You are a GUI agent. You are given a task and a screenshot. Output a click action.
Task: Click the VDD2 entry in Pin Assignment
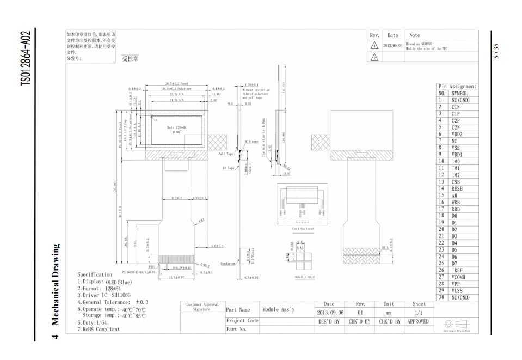(457, 134)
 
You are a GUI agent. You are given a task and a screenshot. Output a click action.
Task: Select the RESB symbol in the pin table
(457, 188)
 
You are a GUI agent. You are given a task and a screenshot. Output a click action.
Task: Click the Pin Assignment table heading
(457, 87)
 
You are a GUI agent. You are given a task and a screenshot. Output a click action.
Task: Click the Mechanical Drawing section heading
(56, 283)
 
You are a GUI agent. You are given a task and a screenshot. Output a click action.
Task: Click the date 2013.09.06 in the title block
(330, 313)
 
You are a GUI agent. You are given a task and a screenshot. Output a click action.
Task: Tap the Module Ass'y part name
(278, 309)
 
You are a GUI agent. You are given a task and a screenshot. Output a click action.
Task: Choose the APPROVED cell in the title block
(419, 321)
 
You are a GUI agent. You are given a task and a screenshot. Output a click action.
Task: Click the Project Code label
(242, 321)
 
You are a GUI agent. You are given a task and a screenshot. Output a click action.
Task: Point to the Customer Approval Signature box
(202, 307)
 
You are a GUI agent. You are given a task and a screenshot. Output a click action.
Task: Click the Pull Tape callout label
(225, 154)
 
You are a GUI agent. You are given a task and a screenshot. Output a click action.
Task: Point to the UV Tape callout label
(228, 168)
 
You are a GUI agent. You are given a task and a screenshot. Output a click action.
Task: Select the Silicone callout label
(251, 141)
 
